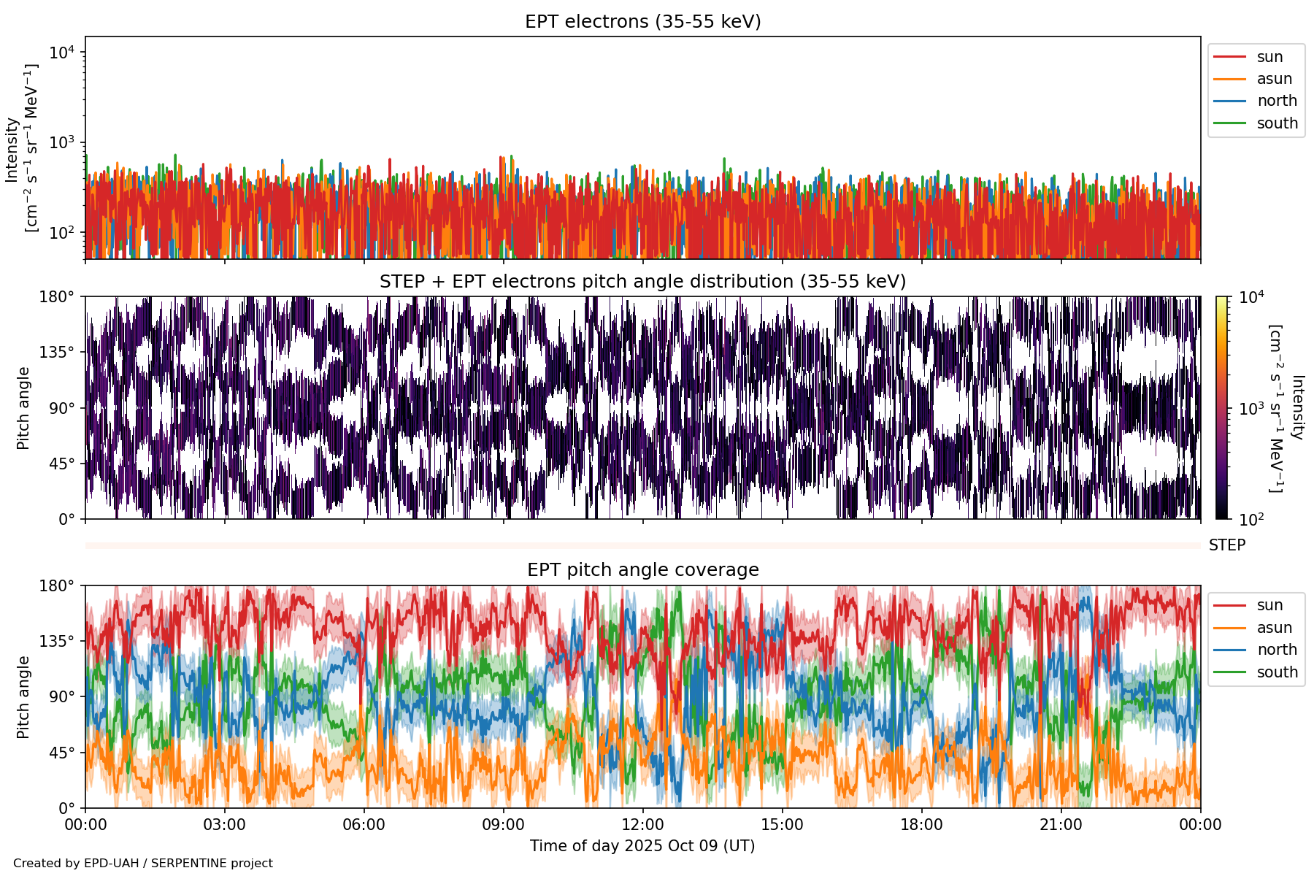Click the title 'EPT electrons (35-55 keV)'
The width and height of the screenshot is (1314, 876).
pos(642,22)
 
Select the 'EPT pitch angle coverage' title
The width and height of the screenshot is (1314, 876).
pos(642,570)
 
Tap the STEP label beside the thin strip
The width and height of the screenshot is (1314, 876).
pos(1226,545)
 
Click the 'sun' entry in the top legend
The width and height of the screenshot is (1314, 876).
pos(1269,57)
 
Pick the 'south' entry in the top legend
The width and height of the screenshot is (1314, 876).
pos(1277,123)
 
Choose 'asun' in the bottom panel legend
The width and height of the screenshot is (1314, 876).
pos(1274,628)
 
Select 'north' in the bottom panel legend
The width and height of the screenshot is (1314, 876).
pos(1277,650)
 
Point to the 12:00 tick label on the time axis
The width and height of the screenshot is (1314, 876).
pos(642,825)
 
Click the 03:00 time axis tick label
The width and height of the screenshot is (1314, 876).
pos(225,825)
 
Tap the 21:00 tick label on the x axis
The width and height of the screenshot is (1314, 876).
pos(1061,825)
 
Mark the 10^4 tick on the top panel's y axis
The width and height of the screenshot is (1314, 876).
pos(62,53)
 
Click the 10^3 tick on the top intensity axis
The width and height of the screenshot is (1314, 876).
pos(62,142)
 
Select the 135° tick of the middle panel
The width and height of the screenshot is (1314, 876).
pos(58,353)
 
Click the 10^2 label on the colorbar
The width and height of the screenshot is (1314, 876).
pos(1251,520)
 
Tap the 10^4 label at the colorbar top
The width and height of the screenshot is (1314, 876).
pos(1251,297)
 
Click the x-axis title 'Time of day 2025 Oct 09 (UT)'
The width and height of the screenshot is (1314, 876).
pos(642,846)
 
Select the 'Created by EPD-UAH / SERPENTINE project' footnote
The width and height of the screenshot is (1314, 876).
pos(143,864)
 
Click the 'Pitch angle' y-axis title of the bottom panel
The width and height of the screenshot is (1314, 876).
pos(23,697)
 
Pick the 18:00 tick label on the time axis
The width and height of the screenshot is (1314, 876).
pos(921,825)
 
